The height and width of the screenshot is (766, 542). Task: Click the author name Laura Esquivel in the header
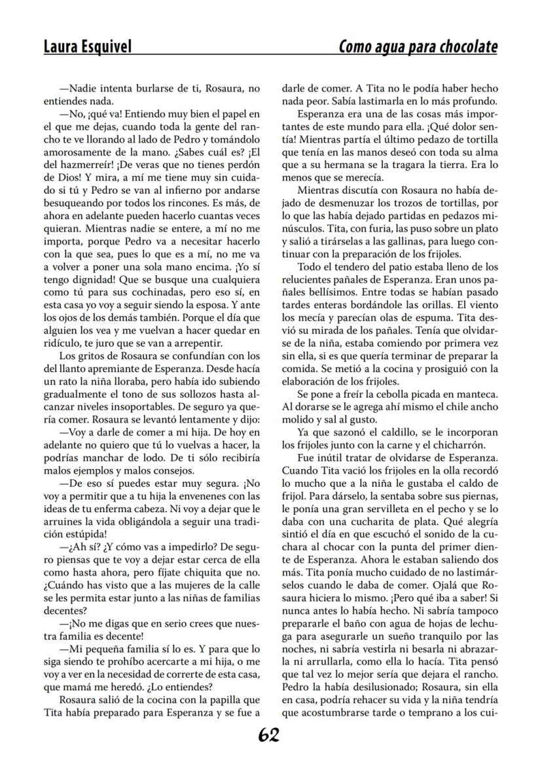tap(87, 47)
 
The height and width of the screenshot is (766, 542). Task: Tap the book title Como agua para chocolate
tap(418, 47)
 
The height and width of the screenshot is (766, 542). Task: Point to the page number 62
tap(268, 736)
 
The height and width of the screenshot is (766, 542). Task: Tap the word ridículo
tap(63, 343)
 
